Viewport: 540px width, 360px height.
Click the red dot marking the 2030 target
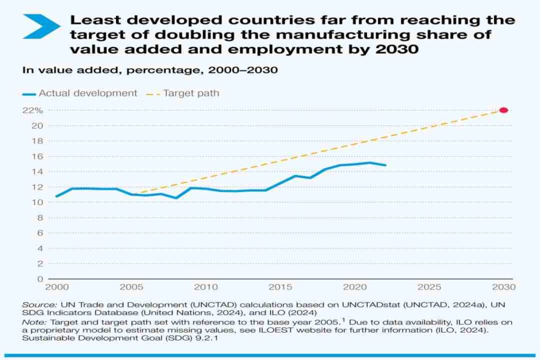click(x=503, y=110)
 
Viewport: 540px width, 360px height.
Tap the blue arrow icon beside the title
click(x=42, y=26)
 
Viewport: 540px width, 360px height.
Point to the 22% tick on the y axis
click(x=33, y=110)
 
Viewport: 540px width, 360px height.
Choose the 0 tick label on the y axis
click(x=40, y=279)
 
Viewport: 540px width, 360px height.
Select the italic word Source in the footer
click(x=34, y=305)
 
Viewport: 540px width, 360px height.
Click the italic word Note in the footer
click(x=31, y=321)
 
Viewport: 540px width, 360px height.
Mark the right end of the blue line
click(x=386, y=165)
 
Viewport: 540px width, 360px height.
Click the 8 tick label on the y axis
click(x=40, y=218)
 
